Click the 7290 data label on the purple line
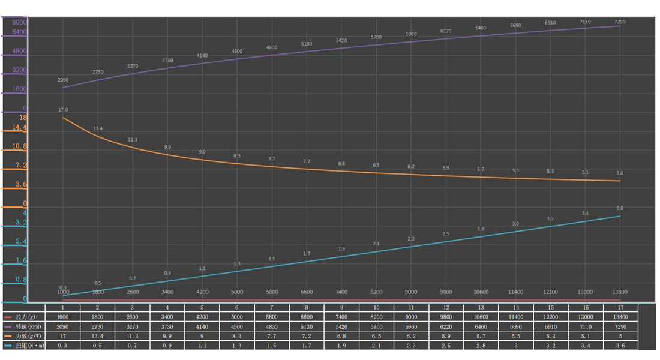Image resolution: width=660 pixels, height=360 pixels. click(620, 22)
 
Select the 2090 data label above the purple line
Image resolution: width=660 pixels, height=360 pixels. click(63, 80)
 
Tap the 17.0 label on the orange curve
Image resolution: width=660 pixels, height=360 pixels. click(63, 110)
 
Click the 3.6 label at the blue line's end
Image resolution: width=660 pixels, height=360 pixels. click(620, 208)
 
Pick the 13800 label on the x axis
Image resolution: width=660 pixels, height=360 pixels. click(620, 292)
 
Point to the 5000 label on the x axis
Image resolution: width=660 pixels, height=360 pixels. click(237, 292)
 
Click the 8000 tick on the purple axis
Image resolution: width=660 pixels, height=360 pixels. click(19, 22)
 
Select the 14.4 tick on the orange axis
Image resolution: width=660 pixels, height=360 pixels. click(19, 127)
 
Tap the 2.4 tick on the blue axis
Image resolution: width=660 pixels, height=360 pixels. click(20, 242)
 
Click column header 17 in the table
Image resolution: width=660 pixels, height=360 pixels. click(620, 307)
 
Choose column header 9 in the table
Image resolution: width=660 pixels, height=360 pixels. click(341, 307)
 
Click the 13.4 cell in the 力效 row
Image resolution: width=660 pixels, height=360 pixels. click(98, 336)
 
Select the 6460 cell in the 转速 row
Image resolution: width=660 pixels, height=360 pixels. click(481, 326)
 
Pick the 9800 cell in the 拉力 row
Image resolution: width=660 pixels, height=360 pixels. click(446, 317)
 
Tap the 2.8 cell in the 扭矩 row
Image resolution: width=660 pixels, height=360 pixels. click(481, 346)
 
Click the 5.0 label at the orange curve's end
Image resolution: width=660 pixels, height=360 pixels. click(620, 173)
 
